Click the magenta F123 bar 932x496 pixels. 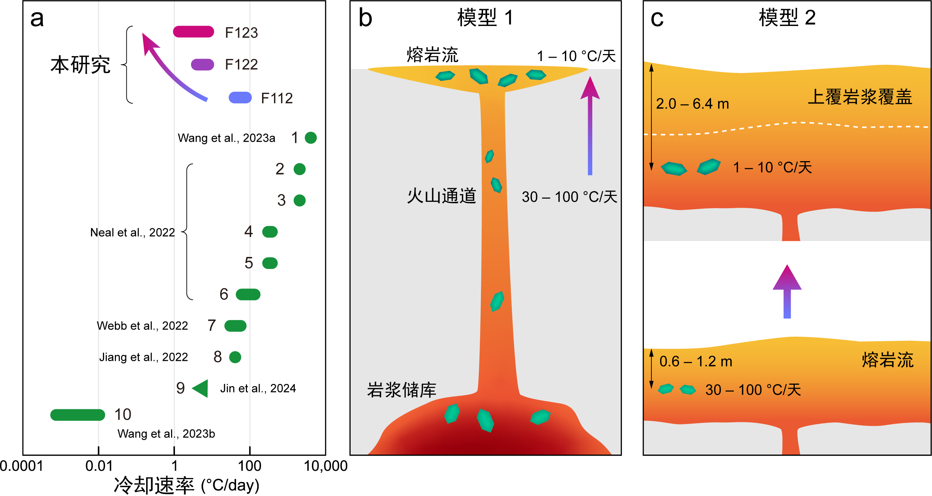coord(194,32)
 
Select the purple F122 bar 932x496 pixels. coord(203,64)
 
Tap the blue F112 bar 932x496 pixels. coord(240,98)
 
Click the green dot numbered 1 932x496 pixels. coord(311,138)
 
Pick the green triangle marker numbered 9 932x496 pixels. coord(201,388)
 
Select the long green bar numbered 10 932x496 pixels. coord(78,415)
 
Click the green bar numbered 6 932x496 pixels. coord(248,294)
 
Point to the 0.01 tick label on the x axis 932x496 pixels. coord(99,466)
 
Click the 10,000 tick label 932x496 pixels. coord(326,466)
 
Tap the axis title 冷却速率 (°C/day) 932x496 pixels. coord(187,485)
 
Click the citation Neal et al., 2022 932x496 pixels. coord(132,232)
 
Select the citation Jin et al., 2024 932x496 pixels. coord(258,388)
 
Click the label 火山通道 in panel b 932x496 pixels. coord(442,196)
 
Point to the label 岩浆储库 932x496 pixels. coord(402,390)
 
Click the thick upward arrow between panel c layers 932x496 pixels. coord(787,291)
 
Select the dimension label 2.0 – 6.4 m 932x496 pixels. coord(692,104)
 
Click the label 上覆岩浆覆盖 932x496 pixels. coord(860,97)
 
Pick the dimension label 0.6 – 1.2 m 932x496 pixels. coord(696,362)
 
